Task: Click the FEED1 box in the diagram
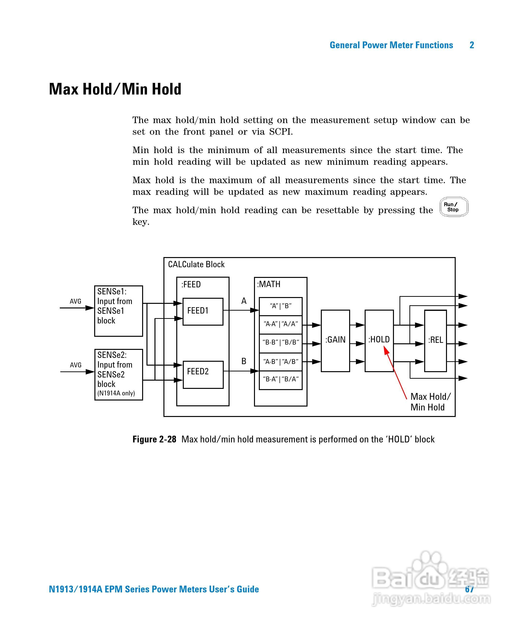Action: (203, 311)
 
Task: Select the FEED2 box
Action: (203, 374)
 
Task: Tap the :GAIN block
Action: (335, 340)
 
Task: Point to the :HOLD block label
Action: (379, 339)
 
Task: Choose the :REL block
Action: (435, 340)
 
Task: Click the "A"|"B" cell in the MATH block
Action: (280, 306)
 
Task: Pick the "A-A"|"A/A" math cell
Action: (280, 324)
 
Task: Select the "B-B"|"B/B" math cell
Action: (280, 342)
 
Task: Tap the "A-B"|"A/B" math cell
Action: (280, 361)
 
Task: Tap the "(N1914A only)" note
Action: (116, 393)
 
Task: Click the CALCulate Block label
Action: (196, 264)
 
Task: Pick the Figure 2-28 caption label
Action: (154, 439)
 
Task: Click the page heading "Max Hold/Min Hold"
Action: (115, 89)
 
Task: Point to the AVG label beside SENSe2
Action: (76, 365)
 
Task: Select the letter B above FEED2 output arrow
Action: (244, 361)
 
